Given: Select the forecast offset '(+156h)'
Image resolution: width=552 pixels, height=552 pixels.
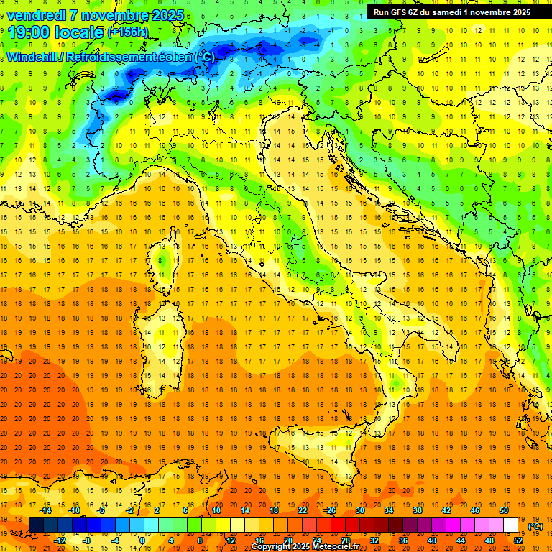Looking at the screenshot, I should tap(128, 32).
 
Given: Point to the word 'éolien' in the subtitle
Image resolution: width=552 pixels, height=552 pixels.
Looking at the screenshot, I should tap(175, 57).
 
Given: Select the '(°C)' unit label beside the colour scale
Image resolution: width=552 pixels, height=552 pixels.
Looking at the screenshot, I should tap(535, 526).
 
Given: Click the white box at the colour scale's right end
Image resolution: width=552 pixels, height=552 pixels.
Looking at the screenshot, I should tap(511, 525).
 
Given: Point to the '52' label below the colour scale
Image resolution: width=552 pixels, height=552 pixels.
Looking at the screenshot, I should tap(518, 540).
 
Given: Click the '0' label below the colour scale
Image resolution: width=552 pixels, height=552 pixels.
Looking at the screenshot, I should tap(142, 540).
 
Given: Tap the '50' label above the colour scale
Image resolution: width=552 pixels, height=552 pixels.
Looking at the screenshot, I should tap(504, 510).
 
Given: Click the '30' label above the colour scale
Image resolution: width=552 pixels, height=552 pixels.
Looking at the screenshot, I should tap(359, 510).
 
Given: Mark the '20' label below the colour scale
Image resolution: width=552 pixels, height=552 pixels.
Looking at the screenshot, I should tap(287, 540).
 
